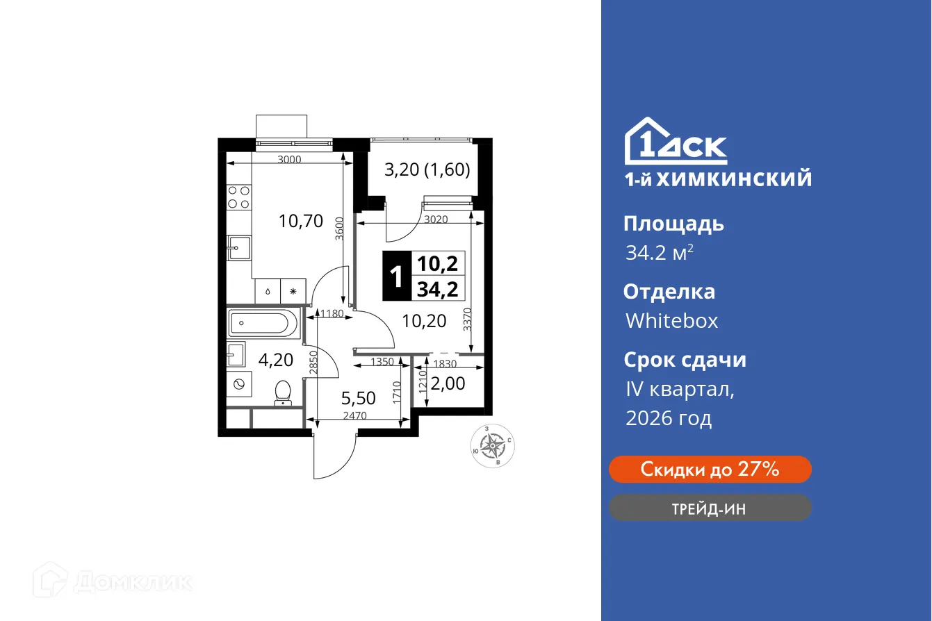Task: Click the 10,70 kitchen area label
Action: pos(301,221)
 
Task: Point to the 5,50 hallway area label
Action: pos(358,398)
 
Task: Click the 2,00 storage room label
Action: pos(448,383)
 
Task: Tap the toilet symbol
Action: pos(283,393)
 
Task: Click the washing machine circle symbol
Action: pos(238,383)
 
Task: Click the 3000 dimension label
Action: pos(289,160)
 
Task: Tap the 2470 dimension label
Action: pos(355,416)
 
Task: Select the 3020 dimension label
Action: pos(436,220)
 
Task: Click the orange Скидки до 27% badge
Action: pos(710,470)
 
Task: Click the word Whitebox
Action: pos(671,321)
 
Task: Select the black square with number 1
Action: pos(397,276)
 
